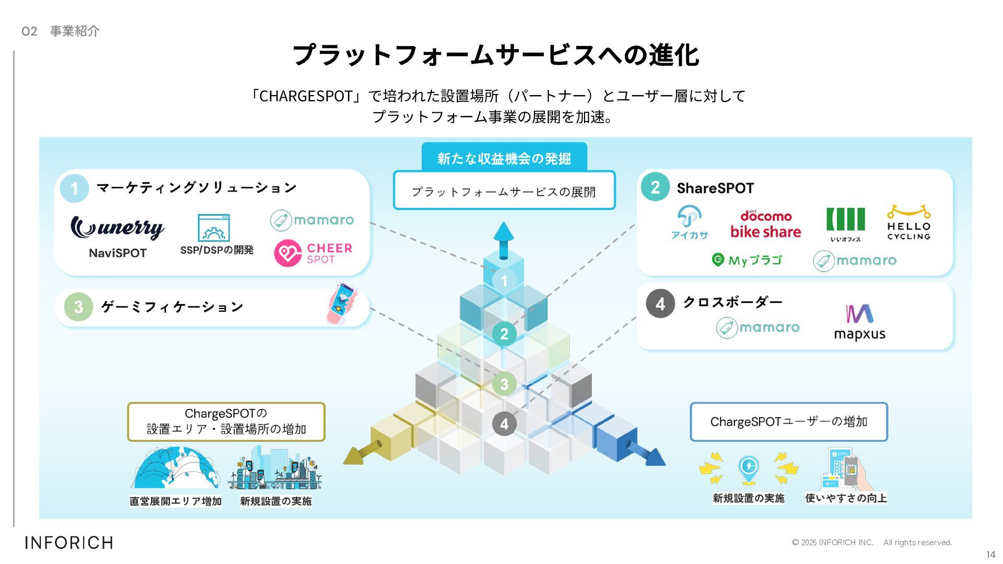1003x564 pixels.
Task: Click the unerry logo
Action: [117, 228]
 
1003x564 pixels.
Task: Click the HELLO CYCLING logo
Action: [908, 223]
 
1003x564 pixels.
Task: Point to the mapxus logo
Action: [859, 322]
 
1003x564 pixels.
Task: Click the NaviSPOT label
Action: [118, 253]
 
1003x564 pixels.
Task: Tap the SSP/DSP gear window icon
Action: [214, 228]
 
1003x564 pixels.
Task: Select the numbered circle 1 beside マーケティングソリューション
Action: [74, 188]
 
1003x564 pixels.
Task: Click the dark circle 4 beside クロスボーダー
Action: [660, 303]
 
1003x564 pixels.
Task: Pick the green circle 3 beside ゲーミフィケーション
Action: [78, 307]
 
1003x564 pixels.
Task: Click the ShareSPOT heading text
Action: [715, 188]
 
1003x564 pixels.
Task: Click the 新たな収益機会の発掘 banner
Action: [504, 158]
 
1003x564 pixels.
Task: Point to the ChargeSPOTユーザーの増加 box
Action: [788, 421]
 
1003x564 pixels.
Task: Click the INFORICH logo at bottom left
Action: [69, 543]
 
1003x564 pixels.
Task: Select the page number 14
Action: [990, 555]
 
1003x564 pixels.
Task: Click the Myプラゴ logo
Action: [747, 260]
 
